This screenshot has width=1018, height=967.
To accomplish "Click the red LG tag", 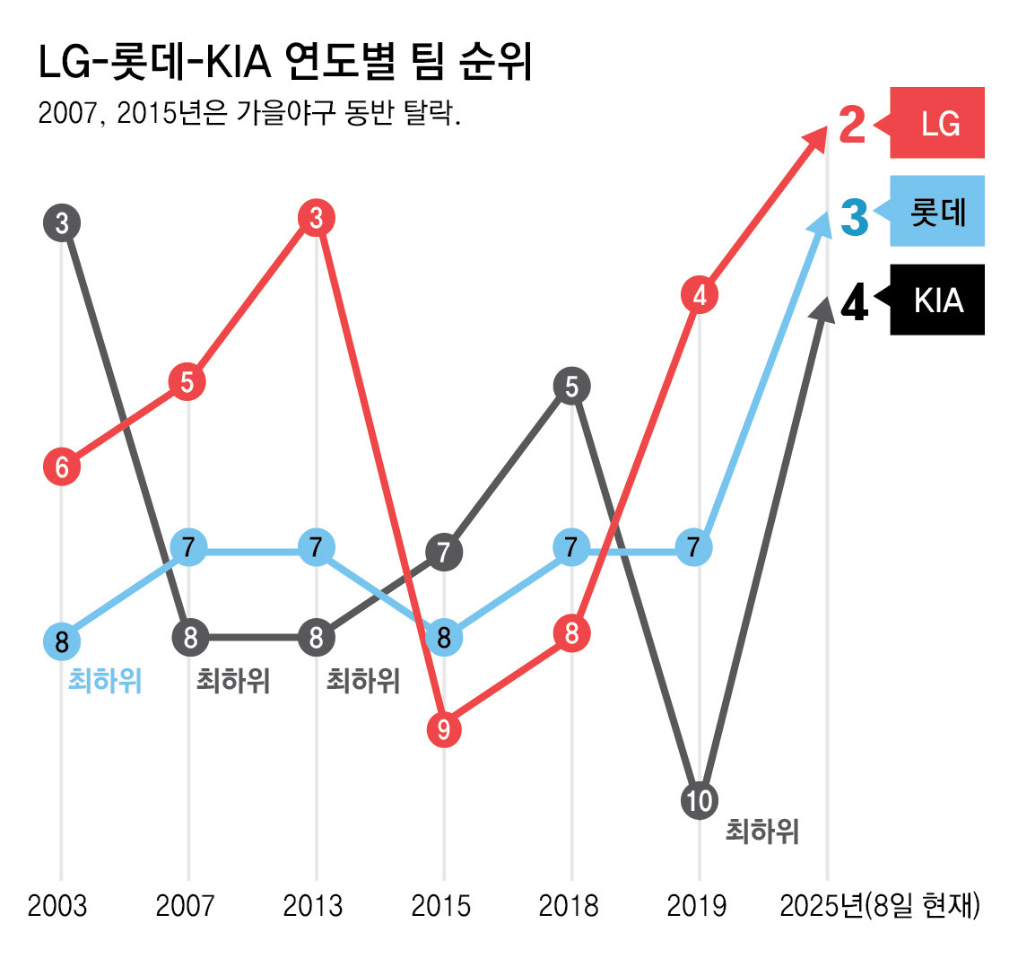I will [937, 123].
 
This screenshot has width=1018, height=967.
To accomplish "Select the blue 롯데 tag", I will [937, 212].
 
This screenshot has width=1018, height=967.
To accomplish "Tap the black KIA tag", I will [937, 301].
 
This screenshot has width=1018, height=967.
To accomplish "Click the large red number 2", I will [853, 126].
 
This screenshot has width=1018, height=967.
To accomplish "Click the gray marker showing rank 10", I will [699, 799].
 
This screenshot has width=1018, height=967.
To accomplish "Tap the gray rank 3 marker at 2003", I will [62, 223].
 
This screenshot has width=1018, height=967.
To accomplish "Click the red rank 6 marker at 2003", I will [62, 466].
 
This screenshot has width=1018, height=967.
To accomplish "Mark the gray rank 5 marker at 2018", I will [571, 388].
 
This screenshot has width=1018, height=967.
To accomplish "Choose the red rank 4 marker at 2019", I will [700, 295].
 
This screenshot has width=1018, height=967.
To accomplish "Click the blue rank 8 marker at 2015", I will [443, 639].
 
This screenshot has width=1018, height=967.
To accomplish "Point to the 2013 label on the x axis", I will [313, 906].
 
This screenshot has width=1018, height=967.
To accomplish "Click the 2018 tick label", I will [569, 906].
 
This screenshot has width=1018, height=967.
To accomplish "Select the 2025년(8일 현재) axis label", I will [880, 906].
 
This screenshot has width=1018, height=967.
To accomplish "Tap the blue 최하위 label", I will [105, 682].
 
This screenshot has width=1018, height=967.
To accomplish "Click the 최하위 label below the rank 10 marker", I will [761, 832].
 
